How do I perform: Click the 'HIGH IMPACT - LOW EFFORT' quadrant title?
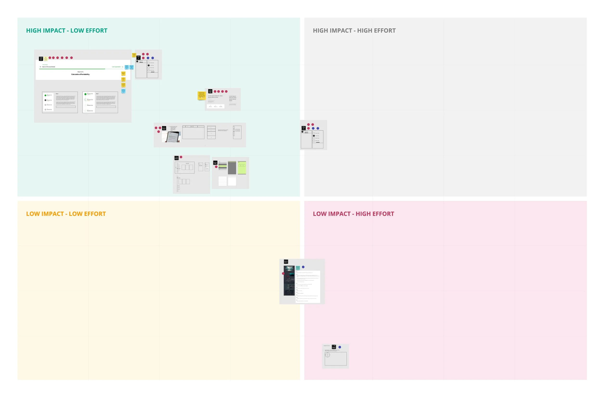(67, 31)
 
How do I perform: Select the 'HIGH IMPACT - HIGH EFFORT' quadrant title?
(354, 31)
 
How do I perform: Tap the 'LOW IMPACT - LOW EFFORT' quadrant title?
(66, 214)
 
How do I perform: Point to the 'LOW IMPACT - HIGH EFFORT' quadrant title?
(353, 214)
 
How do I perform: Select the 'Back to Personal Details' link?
(48, 67)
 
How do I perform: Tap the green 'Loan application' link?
(116, 67)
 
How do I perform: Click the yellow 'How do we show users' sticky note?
(202, 95)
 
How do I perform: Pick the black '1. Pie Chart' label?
(334, 347)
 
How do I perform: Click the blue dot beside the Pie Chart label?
(340, 347)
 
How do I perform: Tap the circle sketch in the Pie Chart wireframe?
(327, 355)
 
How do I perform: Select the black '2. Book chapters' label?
(177, 158)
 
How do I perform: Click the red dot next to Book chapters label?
(181, 157)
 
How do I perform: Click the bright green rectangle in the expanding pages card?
(242, 168)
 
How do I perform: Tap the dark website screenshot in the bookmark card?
(289, 281)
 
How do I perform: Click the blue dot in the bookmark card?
(303, 267)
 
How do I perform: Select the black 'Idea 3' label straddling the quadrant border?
(304, 128)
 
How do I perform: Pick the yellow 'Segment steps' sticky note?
(123, 74)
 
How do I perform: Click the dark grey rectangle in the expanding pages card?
(232, 168)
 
